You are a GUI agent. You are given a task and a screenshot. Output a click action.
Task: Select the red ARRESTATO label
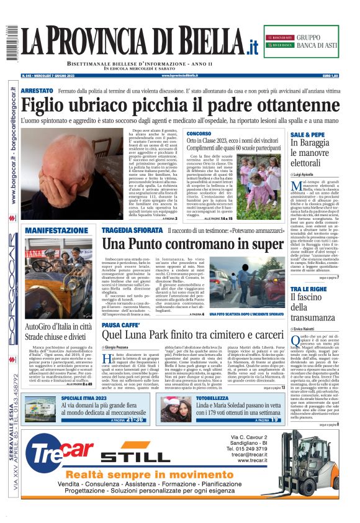coord(37,91)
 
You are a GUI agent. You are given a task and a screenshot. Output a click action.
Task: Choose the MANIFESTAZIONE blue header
coord(56,230)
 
